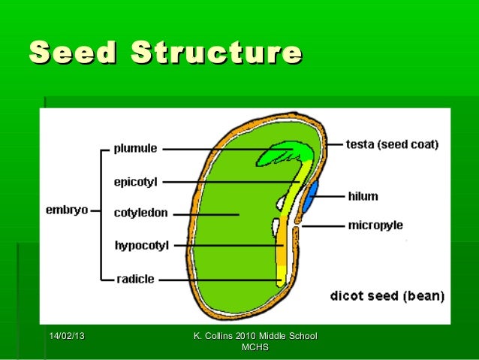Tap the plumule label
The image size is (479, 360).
coord(135,149)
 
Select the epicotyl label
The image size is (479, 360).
coord(135,181)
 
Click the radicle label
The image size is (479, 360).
coord(135,279)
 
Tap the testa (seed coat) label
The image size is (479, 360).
coord(392,143)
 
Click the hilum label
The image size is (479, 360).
coord(363,196)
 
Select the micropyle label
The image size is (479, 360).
coord(375,225)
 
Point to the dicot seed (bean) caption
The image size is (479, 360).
coord(387,295)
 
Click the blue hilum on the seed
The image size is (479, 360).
coord(310,195)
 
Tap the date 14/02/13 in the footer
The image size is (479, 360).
coord(67,334)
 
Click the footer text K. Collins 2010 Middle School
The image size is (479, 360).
coord(255,334)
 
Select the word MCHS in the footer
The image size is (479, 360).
coord(255,346)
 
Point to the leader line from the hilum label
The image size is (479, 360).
coord(330,196)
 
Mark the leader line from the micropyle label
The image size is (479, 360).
coord(323,225)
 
